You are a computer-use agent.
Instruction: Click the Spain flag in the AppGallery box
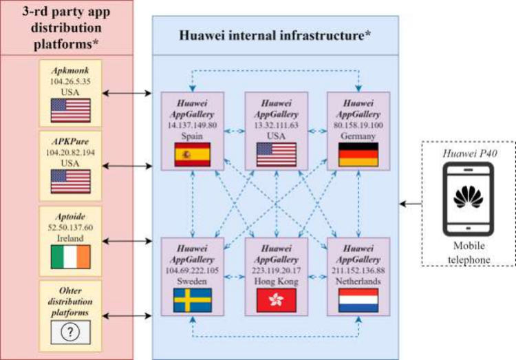tap(192, 156)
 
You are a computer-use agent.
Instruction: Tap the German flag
tap(358, 156)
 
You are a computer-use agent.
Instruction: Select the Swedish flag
tap(192, 300)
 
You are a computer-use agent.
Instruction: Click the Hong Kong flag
tap(275, 300)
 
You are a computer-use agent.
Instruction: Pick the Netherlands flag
tap(358, 300)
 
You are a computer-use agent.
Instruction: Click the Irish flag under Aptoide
tap(70, 257)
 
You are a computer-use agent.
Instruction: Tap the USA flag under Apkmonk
tap(70, 110)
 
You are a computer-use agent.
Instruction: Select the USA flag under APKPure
tap(70, 182)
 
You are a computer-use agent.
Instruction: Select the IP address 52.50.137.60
tap(70, 228)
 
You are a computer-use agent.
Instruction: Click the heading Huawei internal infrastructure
tap(275, 34)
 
